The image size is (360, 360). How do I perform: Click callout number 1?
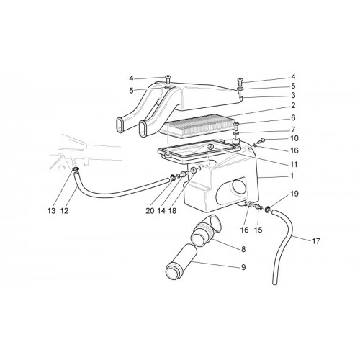pyautogui.click(x=292, y=176)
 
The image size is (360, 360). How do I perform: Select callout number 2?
pyautogui.click(x=293, y=105)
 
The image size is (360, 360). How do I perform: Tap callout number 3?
pyautogui.click(x=293, y=95)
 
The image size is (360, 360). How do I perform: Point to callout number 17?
pyautogui.click(x=316, y=241)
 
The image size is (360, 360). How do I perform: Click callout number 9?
pyautogui.click(x=243, y=267)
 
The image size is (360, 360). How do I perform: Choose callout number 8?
pyautogui.click(x=243, y=249)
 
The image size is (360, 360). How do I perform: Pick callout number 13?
pyautogui.click(x=51, y=211)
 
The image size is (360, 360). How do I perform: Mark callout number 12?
pyautogui.click(x=64, y=211)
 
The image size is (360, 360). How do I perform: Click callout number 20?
pyautogui.click(x=150, y=211)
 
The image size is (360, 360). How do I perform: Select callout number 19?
pyautogui.click(x=294, y=194)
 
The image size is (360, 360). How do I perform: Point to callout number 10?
pyautogui.click(x=294, y=138)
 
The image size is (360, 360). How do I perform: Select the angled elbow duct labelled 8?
pyautogui.click(x=206, y=231)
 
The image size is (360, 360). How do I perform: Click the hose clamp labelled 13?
pyautogui.click(x=76, y=170)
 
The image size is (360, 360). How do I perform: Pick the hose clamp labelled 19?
pyautogui.click(x=268, y=210)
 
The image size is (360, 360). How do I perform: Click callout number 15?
pyautogui.click(x=258, y=230)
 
